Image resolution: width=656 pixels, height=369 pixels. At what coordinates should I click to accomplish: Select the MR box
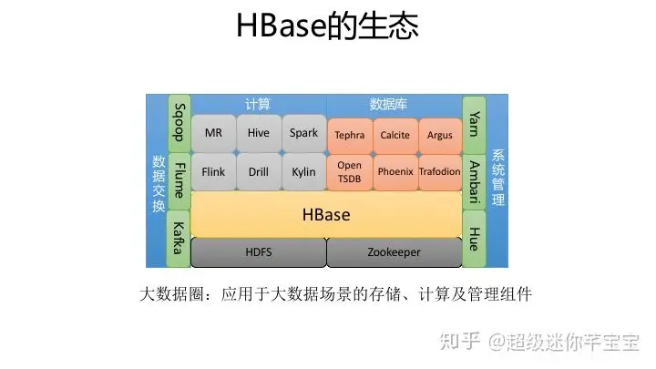[213, 133]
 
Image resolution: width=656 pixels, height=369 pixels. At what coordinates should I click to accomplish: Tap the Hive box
[259, 133]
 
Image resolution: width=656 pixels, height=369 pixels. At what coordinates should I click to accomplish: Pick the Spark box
[303, 133]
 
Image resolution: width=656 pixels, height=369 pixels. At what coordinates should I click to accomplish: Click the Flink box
[213, 170]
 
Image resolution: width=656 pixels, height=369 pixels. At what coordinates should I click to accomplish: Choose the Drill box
[259, 170]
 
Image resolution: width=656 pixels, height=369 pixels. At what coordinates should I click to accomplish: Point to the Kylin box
[303, 170]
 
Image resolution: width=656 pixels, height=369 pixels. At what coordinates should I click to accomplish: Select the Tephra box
[349, 135]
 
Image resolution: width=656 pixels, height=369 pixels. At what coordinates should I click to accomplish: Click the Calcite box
[395, 135]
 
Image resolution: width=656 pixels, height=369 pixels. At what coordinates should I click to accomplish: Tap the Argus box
[439, 135]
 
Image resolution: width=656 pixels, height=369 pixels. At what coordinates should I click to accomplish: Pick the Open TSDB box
[349, 170]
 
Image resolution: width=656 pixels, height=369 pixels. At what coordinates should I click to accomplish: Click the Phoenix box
[395, 170]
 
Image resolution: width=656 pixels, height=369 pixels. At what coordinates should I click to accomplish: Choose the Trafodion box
[439, 170]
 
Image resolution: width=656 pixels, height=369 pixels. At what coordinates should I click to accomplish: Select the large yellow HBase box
[326, 215]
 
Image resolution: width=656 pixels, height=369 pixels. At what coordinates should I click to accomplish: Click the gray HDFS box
[258, 252]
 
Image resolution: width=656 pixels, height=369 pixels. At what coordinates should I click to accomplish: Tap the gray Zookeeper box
[394, 252]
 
